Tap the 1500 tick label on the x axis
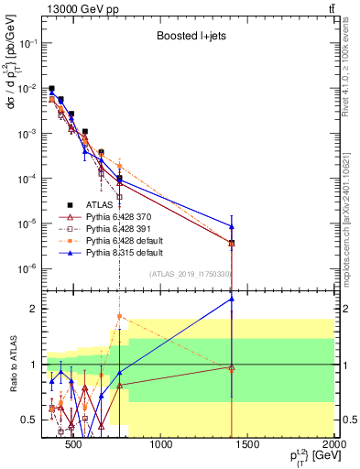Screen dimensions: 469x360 (248, 446)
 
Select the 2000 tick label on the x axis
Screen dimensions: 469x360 (333, 446)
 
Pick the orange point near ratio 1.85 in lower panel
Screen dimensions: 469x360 (120, 317)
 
